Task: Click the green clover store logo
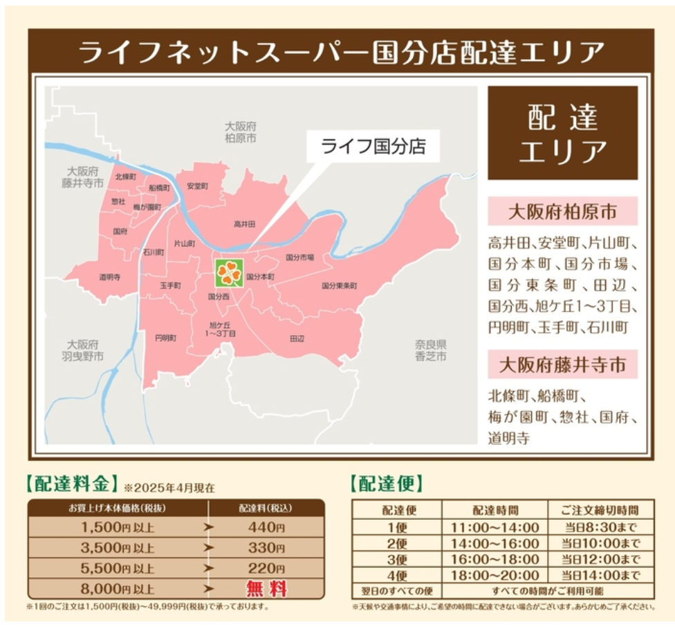point(229,273)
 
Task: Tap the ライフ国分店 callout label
point(372,147)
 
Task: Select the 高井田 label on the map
point(244,224)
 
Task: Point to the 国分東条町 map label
point(339,285)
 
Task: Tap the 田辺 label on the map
point(297,338)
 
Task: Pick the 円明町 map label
point(165,338)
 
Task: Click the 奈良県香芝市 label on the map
point(431,350)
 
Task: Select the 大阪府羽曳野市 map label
point(82,350)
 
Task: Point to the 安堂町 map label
point(197,186)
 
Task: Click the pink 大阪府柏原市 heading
point(562,211)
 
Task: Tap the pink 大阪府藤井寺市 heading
point(562,365)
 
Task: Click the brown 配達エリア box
point(562,133)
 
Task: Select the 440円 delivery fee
point(266,527)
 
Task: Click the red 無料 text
point(266,589)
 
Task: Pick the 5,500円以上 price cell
point(118,568)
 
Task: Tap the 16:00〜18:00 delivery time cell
point(494,559)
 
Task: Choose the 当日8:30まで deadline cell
point(600,527)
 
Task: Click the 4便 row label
point(397,575)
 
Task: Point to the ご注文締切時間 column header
point(600,510)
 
